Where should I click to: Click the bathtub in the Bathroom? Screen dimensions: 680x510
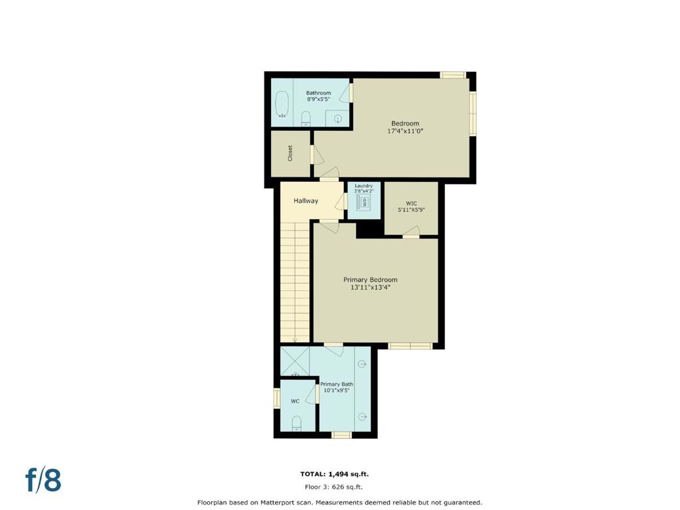tap(282, 104)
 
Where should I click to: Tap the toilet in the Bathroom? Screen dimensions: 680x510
tap(305, 119)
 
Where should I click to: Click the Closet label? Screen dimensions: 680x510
tap(290, 153)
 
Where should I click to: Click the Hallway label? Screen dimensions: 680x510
tap(305, 201)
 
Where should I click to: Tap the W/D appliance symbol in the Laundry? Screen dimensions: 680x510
tap(363, 202)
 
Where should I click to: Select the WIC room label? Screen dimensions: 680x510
tap(412, 203)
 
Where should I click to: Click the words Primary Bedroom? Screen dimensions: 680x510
tap(371, 280)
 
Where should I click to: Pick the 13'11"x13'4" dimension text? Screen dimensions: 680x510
tap(371, 287)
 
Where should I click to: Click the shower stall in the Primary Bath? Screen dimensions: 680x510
tap(295, 361)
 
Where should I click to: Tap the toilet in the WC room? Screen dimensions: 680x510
tap(297, 423)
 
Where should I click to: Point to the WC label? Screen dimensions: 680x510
tap(295, 401)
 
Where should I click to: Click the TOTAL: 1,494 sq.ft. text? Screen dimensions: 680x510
tap(335, 474)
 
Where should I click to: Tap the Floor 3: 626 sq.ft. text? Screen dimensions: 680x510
tap(333, 487)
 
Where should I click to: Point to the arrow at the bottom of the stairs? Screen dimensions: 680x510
tap(295, 341)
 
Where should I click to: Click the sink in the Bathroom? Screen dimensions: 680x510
tap(338, 118)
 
